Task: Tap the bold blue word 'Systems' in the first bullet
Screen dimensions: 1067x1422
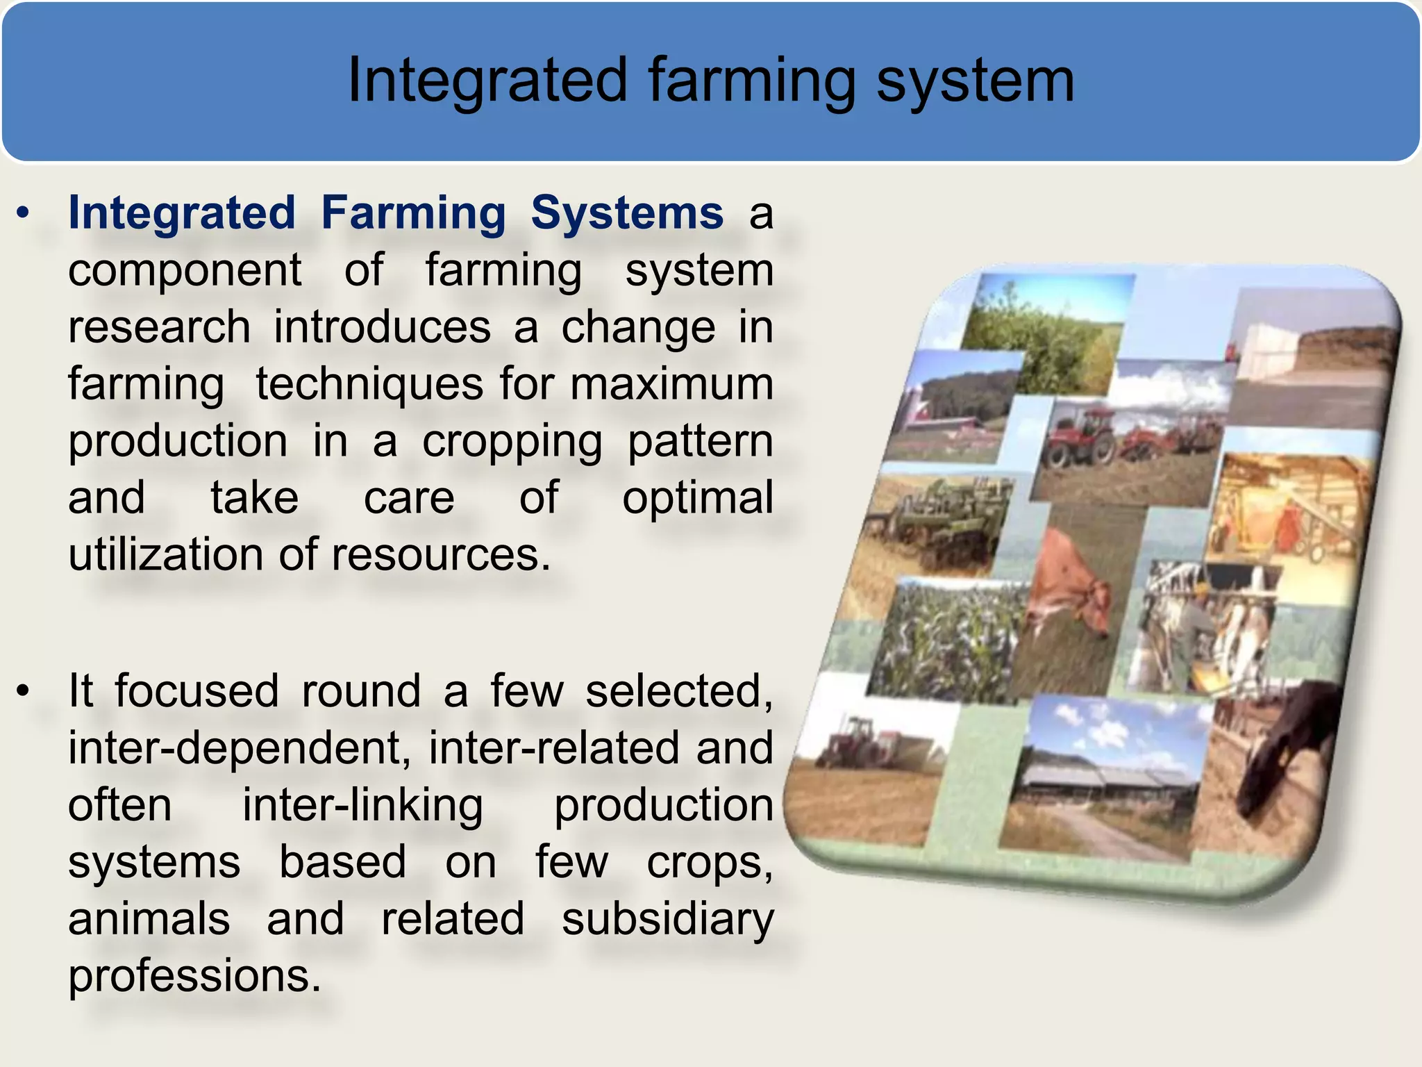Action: pyautogui.click(x=627, y=213)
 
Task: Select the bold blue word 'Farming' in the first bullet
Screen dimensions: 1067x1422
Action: pyautogui.click(x=414, y=213)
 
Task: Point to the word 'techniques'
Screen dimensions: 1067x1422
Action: pyautogui.click(x=369, y=384)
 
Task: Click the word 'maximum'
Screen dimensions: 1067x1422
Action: pyautogui.click(x=671, y=384)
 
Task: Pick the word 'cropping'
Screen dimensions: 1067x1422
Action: pyautogui.click(x=512, y=442)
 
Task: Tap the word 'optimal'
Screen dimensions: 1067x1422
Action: pyautogui.click(x=697, y=498)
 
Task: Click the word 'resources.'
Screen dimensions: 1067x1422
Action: pyautogui.click(x=441, y=555)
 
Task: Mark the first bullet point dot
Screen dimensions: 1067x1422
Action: pyautogui.click(x=24, y=213)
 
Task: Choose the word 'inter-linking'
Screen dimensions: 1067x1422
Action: pyautogui.click(x=362, y=805)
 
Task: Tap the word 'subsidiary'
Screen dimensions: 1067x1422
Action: pyautogui.click(x=667, y=919)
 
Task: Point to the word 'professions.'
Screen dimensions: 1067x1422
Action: pyautogui.click(x=195, y=976)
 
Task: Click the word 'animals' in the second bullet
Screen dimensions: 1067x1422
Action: pyautogui.click(x=149, y=919)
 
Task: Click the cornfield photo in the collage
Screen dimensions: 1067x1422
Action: pyautogui.click(x=948, y=639)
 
